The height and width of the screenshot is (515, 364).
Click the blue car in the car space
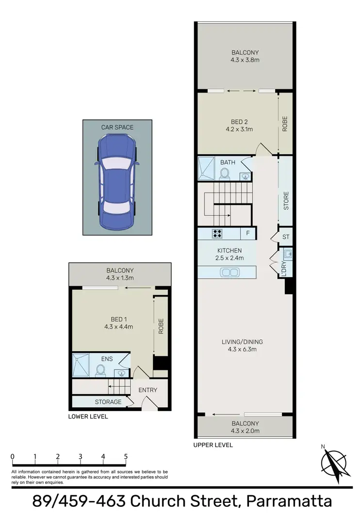[117, 182]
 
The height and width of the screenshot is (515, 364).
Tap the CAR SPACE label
[117, 127]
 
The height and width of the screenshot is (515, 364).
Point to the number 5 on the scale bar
[126, 456]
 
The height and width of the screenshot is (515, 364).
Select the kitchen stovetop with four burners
[217, 233]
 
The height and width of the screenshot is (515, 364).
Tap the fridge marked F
[248, 233]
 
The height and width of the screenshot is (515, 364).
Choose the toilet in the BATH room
[225, 173]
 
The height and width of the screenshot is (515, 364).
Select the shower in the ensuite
[81, 365]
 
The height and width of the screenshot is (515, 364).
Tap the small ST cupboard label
[285, 237]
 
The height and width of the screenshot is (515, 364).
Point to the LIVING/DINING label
[245, 342]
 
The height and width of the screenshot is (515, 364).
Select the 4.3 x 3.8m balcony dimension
[245, 61]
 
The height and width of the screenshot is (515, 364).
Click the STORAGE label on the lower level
[108, 402]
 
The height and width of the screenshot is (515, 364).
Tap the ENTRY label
[148, 390]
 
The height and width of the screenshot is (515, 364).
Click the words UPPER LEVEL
[213, 445]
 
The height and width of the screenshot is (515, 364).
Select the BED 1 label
[118, 319]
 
